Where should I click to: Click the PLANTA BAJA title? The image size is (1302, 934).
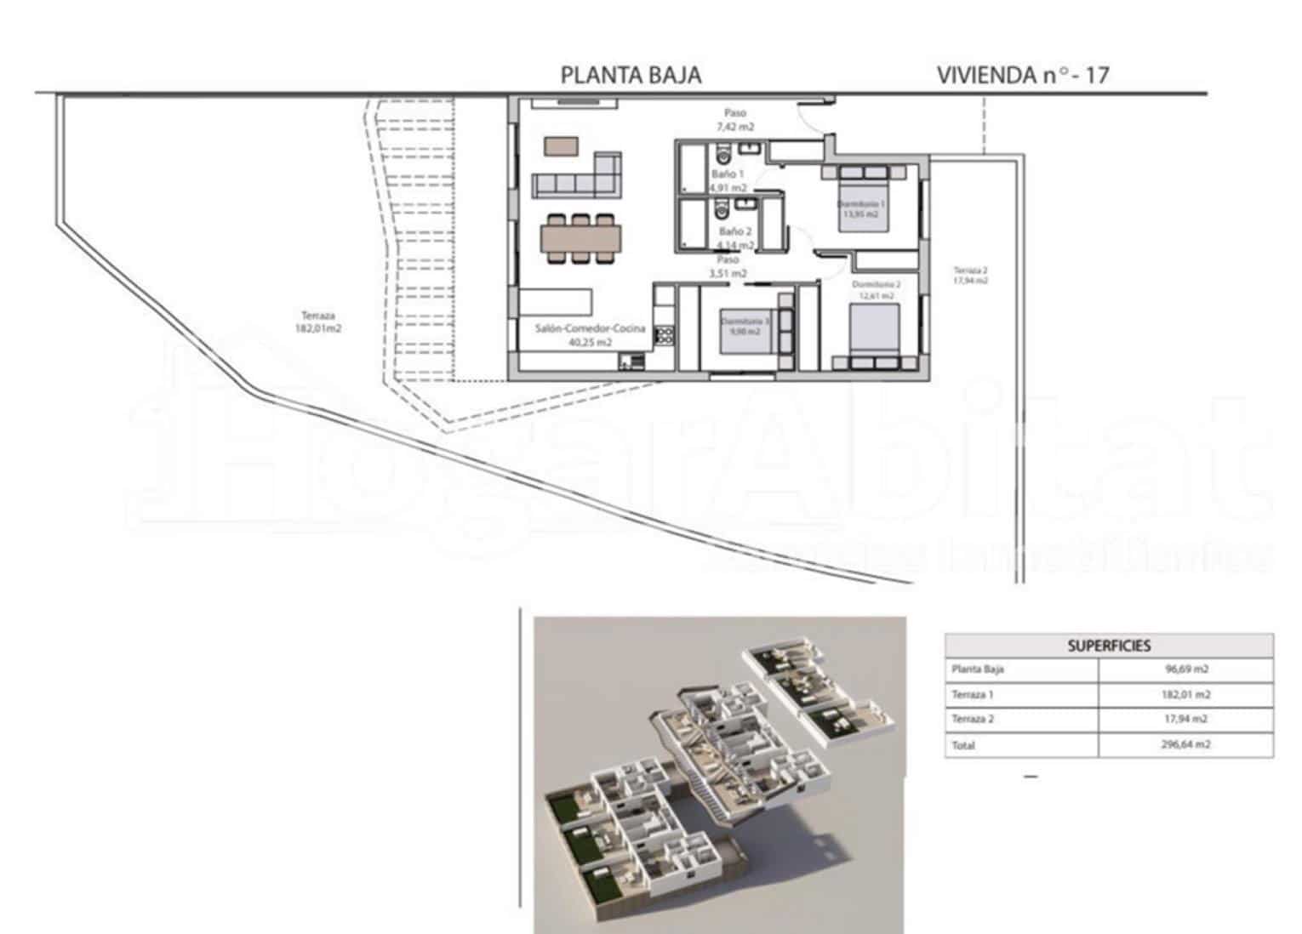coord(631,76)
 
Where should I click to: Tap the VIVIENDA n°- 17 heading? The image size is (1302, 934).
coord(1022,75)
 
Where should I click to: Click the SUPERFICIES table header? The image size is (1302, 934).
coord(1109,646)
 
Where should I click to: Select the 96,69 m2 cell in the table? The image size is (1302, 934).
coord(1186,669)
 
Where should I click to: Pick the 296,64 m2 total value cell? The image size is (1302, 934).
coord(1186,745)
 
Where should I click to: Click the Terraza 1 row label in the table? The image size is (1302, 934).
coord(972,695)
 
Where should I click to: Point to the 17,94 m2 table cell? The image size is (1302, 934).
coord(1186,720)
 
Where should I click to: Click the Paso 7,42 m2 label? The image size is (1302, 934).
coord(735,119)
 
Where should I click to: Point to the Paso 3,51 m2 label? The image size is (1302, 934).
coord(728,266)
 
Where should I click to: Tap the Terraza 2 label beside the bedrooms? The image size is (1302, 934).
coord(970,275)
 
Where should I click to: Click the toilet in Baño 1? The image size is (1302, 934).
coord(723,155)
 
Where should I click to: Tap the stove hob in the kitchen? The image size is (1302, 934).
coord(664,334)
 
